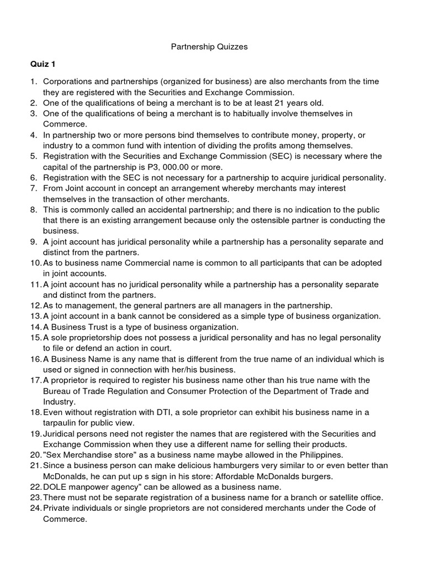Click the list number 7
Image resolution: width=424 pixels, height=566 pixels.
click(x=34, y=188)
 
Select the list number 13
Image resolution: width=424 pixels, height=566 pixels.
click(x=35, y=316)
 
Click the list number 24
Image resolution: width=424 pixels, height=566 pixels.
click(x=35, y=508)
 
